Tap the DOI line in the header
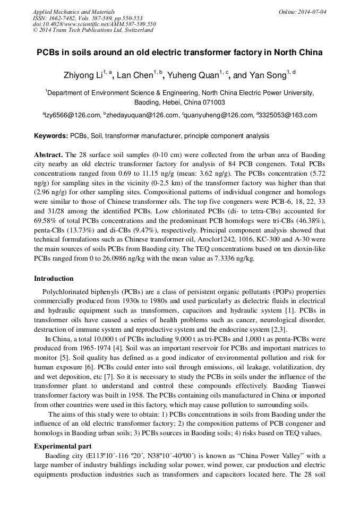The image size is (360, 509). [94, 24]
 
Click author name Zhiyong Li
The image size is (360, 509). [85, 75]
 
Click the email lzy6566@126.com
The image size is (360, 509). [73, 115]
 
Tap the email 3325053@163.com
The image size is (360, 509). [288, 115]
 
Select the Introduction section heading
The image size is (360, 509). [54, 278]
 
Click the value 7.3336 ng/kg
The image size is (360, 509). [234, 258]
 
